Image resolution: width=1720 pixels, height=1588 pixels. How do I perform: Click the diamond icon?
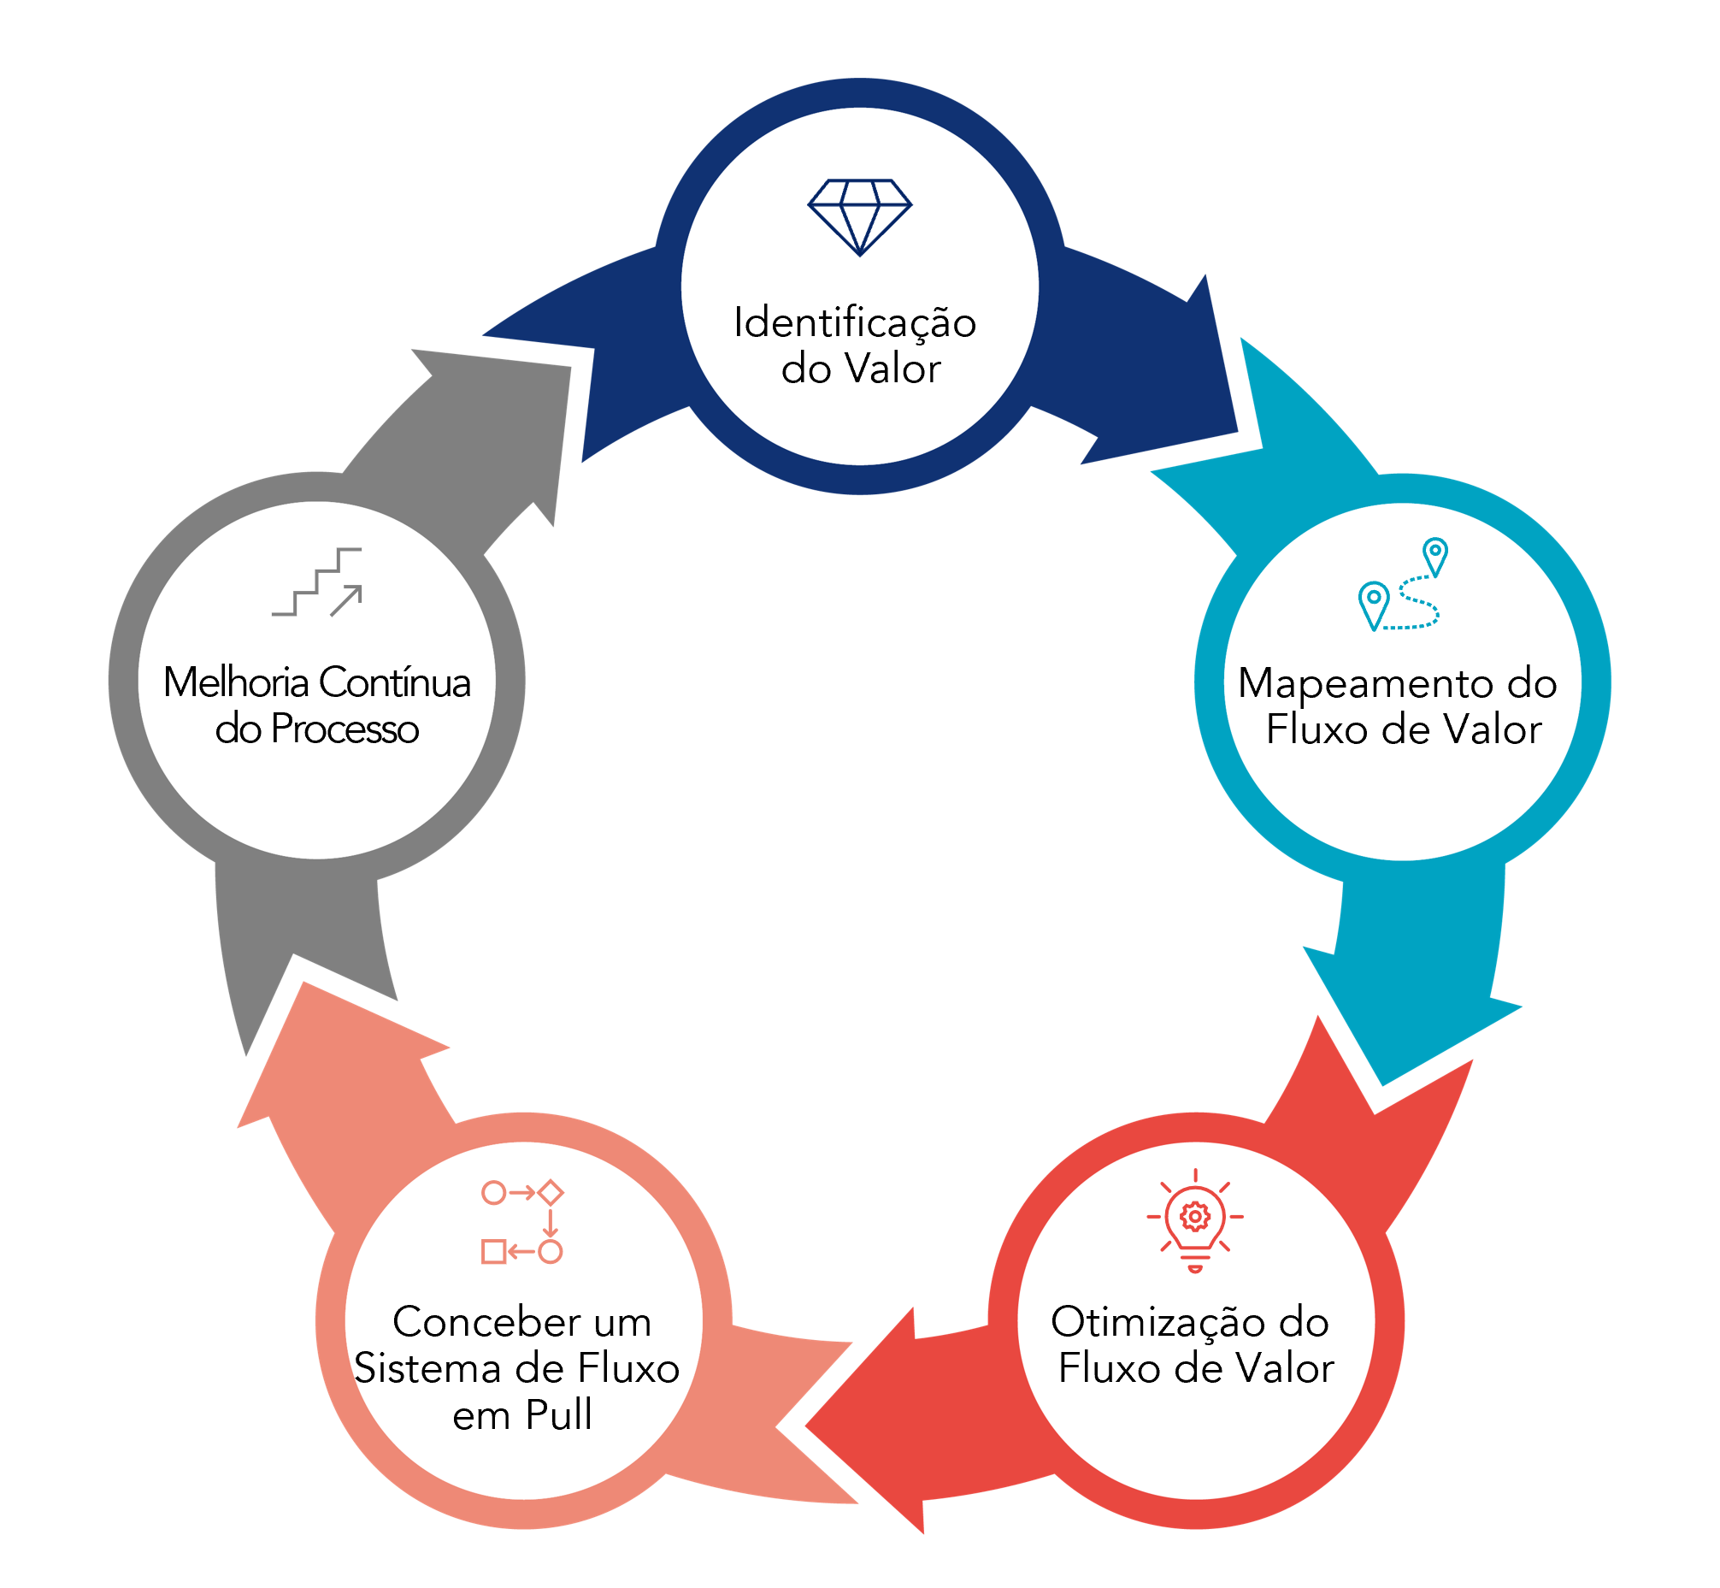pyautogui.click(x=859, y=216)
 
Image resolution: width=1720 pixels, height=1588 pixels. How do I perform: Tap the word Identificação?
pyautogui.click(x=855, y=323)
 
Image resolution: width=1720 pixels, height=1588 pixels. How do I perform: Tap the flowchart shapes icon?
pyautogui.click(x=521, y=1222)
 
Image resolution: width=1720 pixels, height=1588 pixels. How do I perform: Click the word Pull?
pyautogui.click(x=558, y=1416)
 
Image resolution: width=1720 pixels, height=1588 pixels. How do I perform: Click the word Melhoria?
pyautogui.click(x=235, y=683)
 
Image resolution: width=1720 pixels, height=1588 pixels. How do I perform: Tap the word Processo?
pyautogui.click(x=345, y=729)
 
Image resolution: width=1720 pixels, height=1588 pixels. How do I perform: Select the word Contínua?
pyautogui.click(x=395, y=683)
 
